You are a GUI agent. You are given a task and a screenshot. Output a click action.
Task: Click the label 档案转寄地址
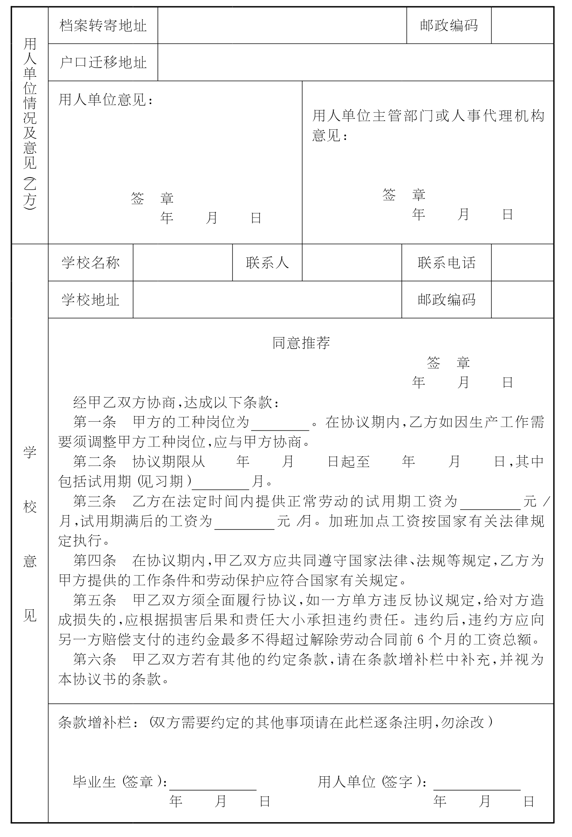(x=103, y=26)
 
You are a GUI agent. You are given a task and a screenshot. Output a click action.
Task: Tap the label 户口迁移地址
(x=103, y=62)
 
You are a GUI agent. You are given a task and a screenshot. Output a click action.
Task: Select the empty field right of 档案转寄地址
(x=282, y=26)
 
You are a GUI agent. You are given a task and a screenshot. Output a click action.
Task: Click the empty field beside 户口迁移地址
(x=355, y=62)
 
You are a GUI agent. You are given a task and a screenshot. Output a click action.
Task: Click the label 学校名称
(x=91, y=263)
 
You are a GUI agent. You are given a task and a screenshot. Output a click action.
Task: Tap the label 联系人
(x=267, y=263)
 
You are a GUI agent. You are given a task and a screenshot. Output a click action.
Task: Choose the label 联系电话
(x=446, y=263)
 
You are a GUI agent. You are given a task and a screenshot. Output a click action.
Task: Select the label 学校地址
(x=91, y=300)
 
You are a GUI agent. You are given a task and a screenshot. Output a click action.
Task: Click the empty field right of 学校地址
(x=267, y=300)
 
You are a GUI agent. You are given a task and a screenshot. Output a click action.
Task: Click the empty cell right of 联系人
(x=352, y=263)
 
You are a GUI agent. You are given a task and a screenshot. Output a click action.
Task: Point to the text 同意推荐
(x=301, y=343)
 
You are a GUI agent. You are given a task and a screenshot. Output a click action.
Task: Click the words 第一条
(x=94, y=422)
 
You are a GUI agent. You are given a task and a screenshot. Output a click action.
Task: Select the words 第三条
(x=94, y=501)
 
